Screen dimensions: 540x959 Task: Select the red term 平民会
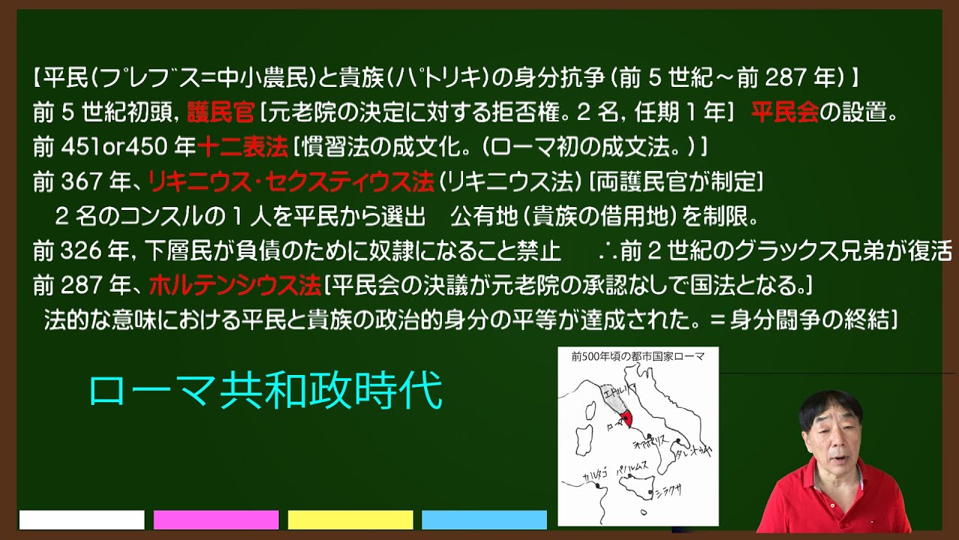pos(784,113)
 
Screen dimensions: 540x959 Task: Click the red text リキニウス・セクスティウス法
pos(291,181)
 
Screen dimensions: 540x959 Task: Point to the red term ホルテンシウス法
pos(235,285)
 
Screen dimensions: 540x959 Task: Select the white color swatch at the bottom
pos(82,520)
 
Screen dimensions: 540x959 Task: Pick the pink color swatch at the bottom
pos(216,520)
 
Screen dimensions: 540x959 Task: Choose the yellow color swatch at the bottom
pos(350,520)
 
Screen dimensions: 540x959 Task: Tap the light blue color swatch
pos(484,520)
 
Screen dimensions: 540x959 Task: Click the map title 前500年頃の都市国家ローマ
pos(638,357)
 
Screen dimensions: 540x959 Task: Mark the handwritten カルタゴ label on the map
pos(582,478)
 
